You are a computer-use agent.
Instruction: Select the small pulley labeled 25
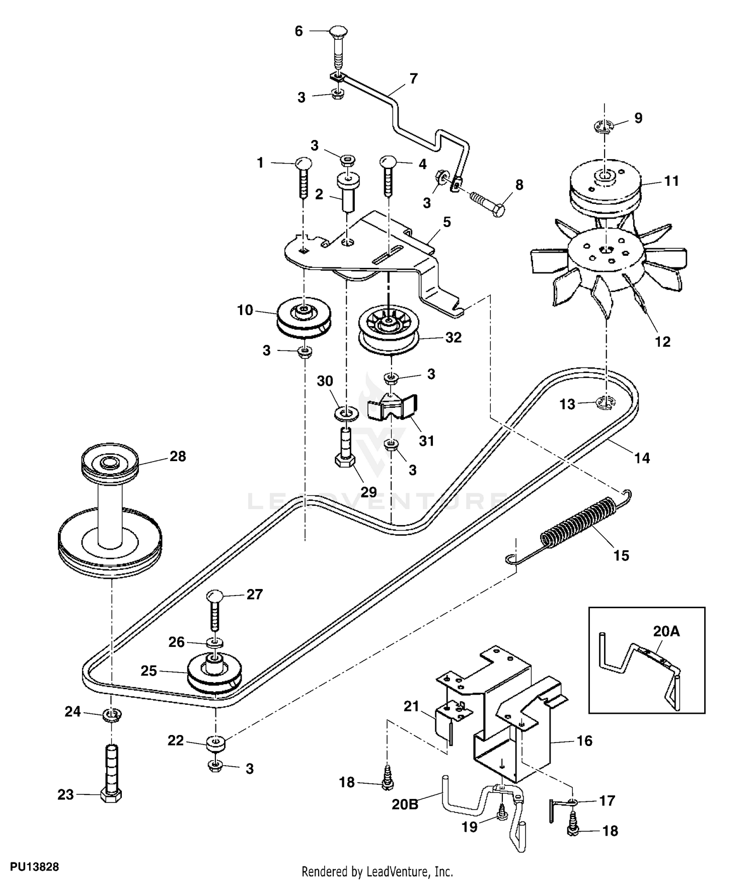click(x=214, y=675)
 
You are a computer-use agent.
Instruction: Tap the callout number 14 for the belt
click(x=642, y=458)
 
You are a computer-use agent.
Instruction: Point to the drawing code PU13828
click(x=35, y=867)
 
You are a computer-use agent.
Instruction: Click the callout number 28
click(x=178, y=456)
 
